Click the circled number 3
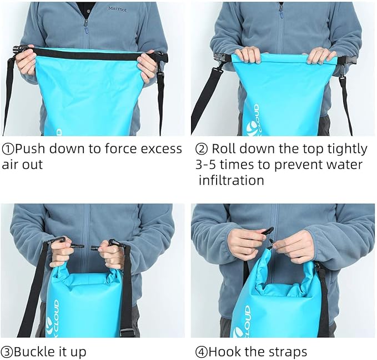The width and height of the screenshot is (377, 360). (x=8, y=352)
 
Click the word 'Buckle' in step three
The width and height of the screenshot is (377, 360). (x=35, y=352)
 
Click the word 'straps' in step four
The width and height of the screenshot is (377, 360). (x=286, y=352)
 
